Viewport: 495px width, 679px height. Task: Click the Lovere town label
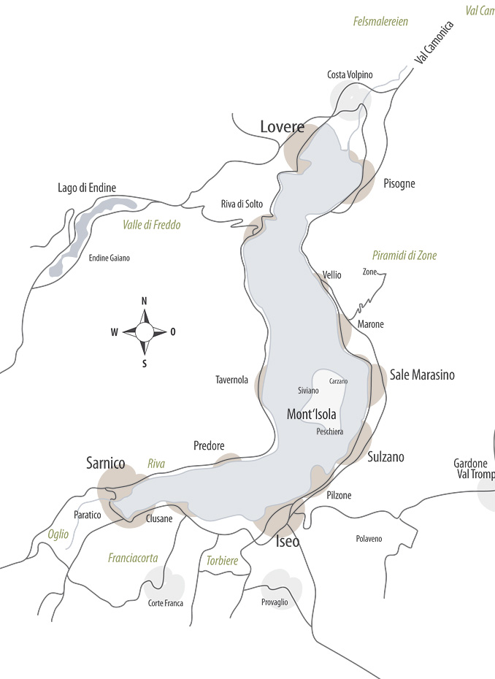click(282, 127)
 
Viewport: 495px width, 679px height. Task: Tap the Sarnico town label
click(106, 463)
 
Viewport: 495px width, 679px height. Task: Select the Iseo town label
click(287, 542)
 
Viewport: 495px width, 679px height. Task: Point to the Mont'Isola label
click(312, 414)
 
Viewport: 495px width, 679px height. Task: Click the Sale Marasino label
click(422, 375)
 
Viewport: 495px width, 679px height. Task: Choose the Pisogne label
click(399, 183)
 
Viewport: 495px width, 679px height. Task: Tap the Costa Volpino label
click(350, 74)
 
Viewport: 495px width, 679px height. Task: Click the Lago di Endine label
click(87, 188)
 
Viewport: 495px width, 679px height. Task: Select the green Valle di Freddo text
click(151, 225)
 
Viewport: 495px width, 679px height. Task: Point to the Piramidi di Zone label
click(404, 256)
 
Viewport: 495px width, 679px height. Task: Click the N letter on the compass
click(145, 301)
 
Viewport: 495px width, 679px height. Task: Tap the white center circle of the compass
click(145, 332)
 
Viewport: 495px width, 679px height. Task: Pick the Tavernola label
click(231, 380)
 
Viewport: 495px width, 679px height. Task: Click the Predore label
click(209, 445)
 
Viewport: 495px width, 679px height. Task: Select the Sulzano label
click(385, 457)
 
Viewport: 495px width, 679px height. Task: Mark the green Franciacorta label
click(133, 558)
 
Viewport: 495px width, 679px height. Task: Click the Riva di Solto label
click(242, 204)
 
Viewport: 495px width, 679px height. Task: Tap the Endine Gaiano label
click(109, 258)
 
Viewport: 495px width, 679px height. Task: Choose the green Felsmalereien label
click(380, 22)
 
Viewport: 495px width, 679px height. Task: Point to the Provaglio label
click(275, 602)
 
